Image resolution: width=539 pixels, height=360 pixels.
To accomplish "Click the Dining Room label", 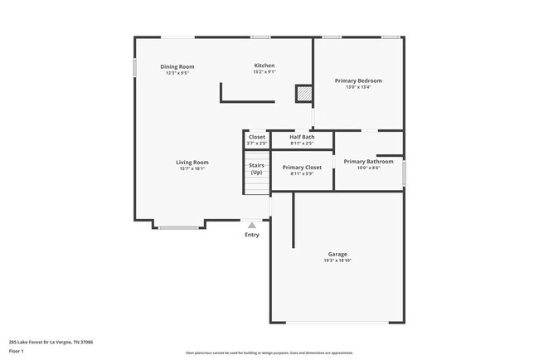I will coord(177,66).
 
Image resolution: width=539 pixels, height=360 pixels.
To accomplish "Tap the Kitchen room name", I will coord(264,66).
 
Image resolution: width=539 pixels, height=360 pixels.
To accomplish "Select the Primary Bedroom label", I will coord(358,80).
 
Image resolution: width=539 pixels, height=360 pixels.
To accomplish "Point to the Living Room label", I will coord(192,162).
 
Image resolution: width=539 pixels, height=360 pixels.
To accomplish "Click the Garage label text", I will coord(337,254).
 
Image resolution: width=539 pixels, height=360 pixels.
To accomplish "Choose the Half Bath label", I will coord(302,137).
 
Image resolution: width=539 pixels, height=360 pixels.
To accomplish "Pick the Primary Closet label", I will coord(302,167).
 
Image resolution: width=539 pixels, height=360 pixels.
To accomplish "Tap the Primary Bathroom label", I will coord(368,161).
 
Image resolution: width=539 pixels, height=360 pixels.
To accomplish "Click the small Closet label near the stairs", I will coord(257,137).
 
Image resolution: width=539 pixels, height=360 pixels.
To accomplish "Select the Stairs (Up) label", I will coord(257,168).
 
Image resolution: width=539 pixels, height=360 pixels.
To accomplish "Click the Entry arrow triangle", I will coord(252,224).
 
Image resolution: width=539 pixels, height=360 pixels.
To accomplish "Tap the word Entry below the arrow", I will coord(252,235).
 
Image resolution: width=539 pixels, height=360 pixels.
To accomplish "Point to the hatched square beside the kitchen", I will coord(304,94).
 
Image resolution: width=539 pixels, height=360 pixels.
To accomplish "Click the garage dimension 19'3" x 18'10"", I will coord(337,260).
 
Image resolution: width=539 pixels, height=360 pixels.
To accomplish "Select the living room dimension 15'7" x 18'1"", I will coord(192,168).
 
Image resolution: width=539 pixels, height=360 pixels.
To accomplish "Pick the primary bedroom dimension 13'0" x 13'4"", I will coord(358,87).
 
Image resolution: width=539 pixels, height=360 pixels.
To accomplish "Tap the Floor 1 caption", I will coord(17,351).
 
